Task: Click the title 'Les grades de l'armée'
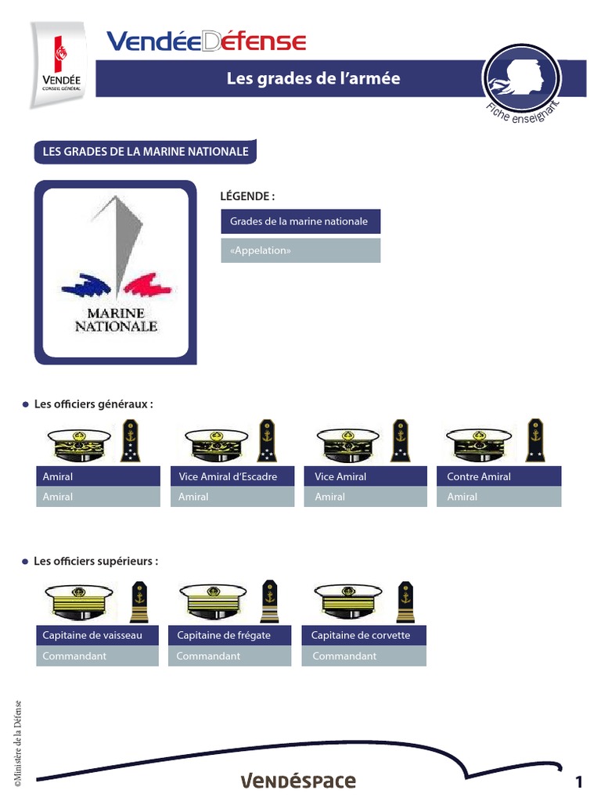click(313, 78)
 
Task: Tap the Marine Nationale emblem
click(115, 271)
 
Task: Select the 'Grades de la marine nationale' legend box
click(300, 221)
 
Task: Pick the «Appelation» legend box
click(300, 250)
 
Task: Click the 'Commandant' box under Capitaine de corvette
click(364, 656)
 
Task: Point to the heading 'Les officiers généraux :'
click(92, 404)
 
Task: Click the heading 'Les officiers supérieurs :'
click(95, 562)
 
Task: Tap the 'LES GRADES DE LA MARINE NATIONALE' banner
click(145, 152)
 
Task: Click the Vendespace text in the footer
click(297, 781)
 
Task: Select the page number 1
click(579, 781)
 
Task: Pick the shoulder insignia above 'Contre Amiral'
click(535, 440)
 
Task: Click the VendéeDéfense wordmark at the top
click(206, 41)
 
